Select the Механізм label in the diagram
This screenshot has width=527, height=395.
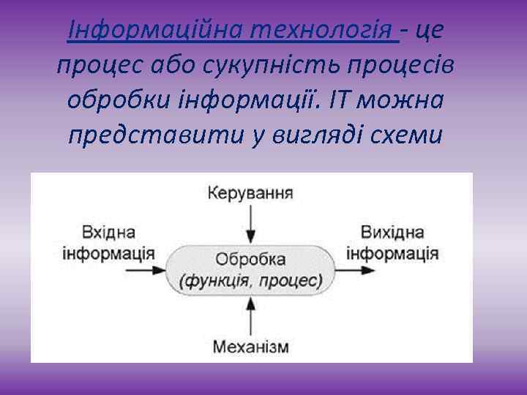251,345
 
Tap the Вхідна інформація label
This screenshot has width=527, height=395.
108,242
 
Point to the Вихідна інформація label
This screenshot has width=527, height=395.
392,242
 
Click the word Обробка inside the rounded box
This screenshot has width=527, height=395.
251,260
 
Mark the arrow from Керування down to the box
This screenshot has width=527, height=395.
251,223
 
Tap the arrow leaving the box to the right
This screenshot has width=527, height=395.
352,269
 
